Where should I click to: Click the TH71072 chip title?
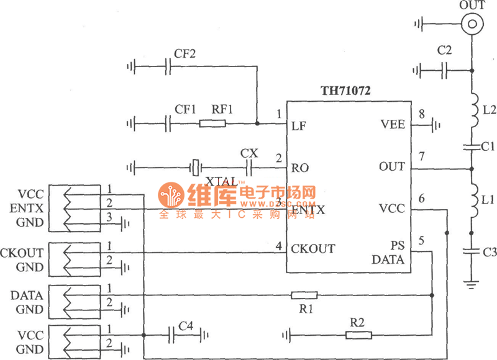coord(345,91)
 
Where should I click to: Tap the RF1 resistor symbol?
coord(212,124)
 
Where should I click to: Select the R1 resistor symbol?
coord(304,295)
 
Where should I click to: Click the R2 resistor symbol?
coord(358,335)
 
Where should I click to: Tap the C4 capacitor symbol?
coord(172,335)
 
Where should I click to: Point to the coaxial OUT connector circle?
coord(472,24)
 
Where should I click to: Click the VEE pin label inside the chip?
coord(393,125)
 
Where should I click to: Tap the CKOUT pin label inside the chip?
coord(313,249)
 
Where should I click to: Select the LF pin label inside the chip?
coord(298,125)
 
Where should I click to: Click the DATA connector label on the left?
coord(27,295)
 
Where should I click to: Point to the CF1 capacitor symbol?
coord(168,124)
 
